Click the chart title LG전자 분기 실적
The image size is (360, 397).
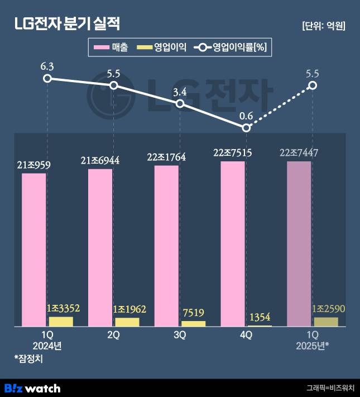pos(66,24)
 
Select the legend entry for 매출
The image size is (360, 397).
pos(112,48)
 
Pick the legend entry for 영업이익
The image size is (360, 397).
pos(161,48)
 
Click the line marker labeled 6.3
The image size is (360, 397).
pos(47,78)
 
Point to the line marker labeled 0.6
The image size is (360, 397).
pos(247,128)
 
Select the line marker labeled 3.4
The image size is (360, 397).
pos(180,104)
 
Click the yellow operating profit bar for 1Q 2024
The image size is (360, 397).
pos(61,321)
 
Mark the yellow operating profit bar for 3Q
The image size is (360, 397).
pos(194,323)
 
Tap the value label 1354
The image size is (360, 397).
pos(260,317)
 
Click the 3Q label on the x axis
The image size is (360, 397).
pos(180,335)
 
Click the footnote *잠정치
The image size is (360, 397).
pos(28,358)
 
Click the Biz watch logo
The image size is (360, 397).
pos(32,388)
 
